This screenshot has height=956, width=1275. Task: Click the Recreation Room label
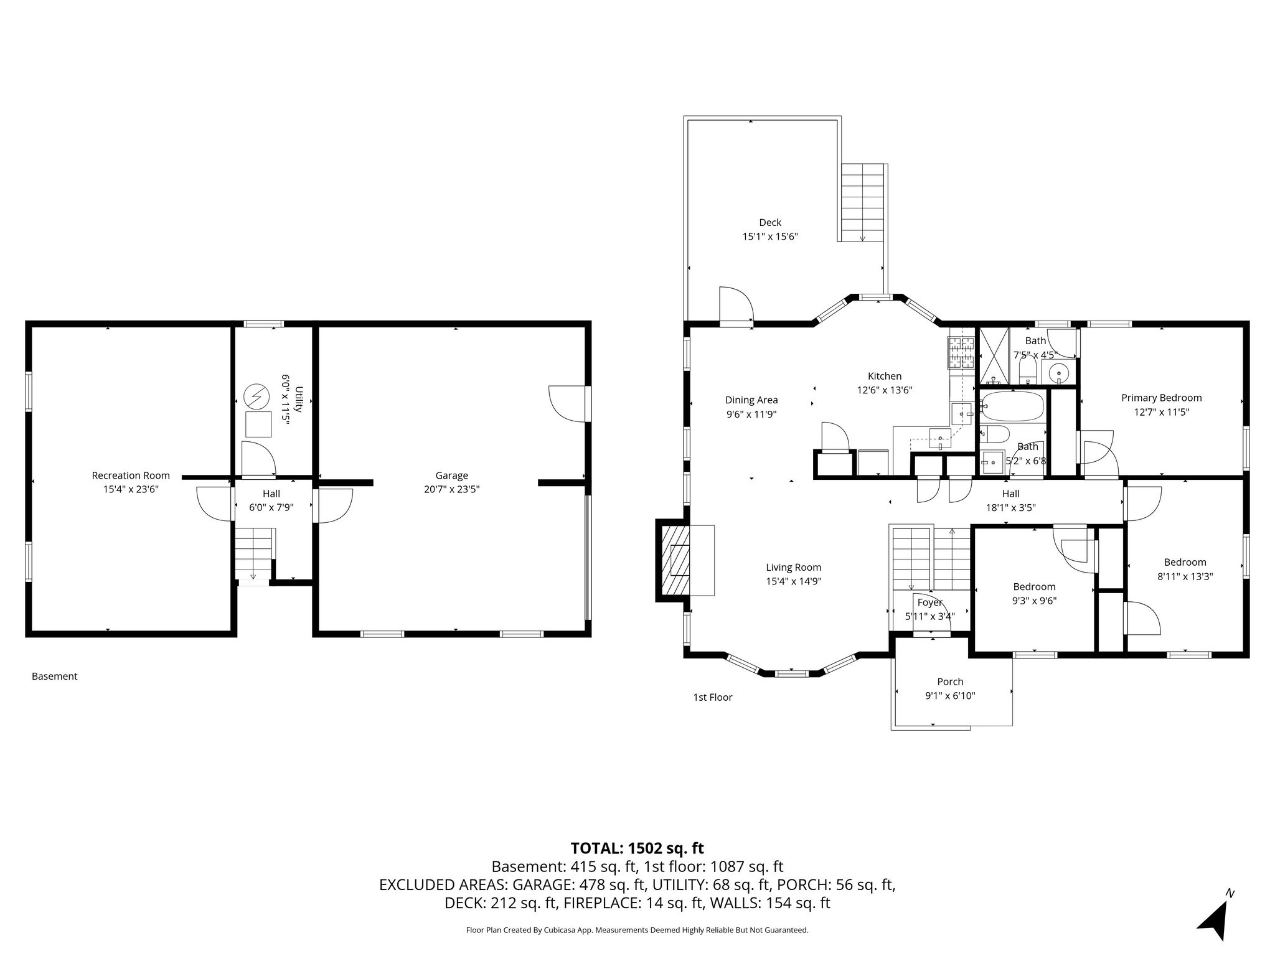pos(131,476)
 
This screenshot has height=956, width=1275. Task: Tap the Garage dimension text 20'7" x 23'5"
pos(451,489)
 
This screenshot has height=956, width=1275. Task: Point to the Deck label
pos(769,222)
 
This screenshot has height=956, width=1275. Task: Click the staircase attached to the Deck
pos(862,203)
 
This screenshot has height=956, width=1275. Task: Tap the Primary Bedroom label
pos(1161,398)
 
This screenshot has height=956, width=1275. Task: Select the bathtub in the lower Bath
pos(1012,406)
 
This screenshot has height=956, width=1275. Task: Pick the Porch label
pos(949,682)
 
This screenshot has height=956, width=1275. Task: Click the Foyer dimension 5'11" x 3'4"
pos(929,616)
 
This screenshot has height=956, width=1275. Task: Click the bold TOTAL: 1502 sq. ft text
pos(637,848)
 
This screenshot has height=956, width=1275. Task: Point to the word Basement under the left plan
pos(55,676)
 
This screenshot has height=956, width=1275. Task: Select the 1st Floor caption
pos(712,697)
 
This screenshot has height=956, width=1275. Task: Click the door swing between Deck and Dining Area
pos(736,306)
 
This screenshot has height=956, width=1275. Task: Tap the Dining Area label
pos(751,400)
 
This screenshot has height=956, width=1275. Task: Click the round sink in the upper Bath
pos(1058,373)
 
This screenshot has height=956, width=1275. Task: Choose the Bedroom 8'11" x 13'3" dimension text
pos(1185,576)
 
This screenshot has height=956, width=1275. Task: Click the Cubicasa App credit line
pos(637,930)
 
